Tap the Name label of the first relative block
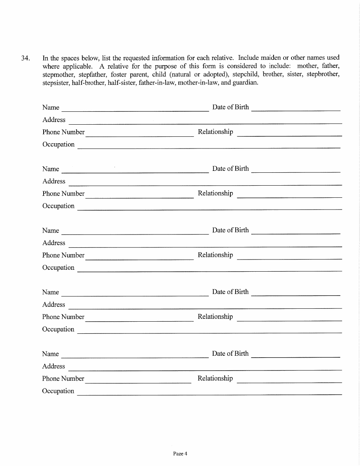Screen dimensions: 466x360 (51, 108)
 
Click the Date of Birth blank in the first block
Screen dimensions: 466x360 (296, 108)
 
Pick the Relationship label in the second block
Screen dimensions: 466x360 (215, 193)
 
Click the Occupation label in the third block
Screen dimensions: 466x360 (58, 267)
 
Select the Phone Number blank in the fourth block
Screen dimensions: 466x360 (139, 318)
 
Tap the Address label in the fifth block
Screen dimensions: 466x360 (53, 366)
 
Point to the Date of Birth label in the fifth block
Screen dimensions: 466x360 (230, 353)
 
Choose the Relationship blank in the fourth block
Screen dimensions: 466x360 (290, 318)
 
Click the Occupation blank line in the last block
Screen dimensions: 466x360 (209, 392)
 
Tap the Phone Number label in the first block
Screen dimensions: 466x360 (63, 132)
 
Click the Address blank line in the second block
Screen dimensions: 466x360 (205, 183)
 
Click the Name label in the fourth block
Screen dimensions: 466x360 (50, 292)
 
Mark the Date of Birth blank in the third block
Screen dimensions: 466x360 (296, 231)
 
